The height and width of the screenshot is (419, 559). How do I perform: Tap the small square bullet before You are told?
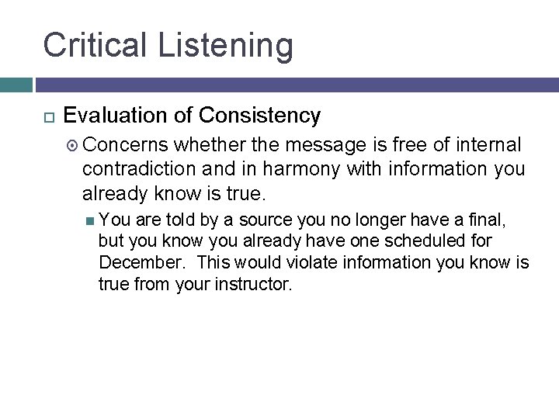pyautogui.click(x=90, y=220)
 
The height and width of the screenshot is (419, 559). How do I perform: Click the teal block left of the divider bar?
pyautogui.click(x=16, y=85)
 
